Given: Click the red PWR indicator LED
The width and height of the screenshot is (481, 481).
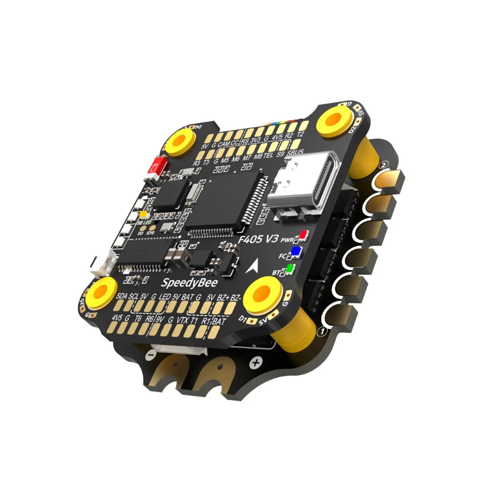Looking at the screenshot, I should coord(304,234).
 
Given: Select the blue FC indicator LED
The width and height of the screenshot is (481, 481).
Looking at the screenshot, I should coord(296,251).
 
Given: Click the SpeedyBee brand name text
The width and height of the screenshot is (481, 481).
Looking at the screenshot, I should coord(189,283).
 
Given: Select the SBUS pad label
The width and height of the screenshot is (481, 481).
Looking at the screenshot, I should coord(295,152).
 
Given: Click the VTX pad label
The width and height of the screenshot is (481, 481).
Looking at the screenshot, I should coord(182,320).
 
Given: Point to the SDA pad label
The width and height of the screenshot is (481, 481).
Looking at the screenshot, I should coord(121,297).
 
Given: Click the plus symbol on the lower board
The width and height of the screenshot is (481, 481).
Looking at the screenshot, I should coord(256,363).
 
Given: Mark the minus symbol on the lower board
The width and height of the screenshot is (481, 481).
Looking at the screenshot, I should coord(150,354).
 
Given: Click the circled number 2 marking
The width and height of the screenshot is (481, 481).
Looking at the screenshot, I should coord(384,164).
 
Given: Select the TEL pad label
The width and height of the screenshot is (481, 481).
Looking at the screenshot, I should coord(269,154).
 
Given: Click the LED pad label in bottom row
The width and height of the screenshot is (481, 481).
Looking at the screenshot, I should coord(164,297).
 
